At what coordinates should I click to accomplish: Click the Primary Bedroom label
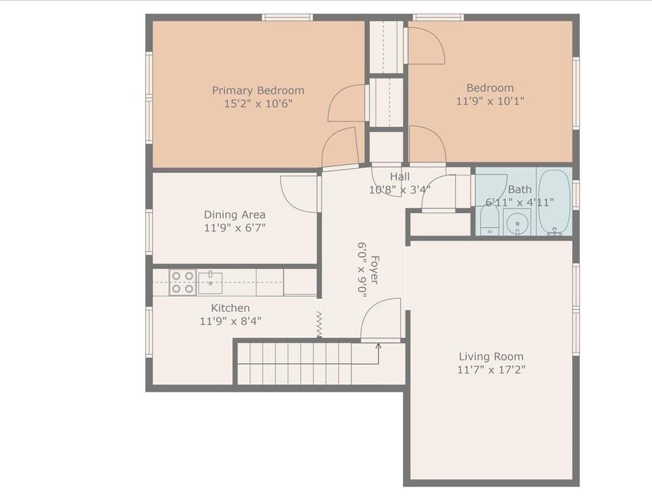pyautogui.click(x=258, y=90)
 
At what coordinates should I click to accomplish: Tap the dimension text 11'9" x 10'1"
pyautogui.click(x=490, y=101)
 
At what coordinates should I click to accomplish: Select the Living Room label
pyautogui.click(x=491, y=357)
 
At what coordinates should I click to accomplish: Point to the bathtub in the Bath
pyautogui.click(x=554, y=201)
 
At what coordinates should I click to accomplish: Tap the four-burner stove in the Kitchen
pyautogui.click(x=182, y=283)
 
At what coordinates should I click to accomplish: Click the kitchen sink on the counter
pyautogui.click(x=210, y=283)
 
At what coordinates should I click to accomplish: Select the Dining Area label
pyautogui.click(x=234, y=214)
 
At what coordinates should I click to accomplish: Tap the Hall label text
pyautogui.click(x=400, y=177)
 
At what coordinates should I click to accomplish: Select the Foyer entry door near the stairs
pyautogui.click(x=381, y=320)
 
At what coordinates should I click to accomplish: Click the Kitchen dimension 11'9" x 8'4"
pyautogui.click(x=230, y=320)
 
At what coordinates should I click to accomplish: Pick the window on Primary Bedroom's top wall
pyautogui.click(x=287, y=17)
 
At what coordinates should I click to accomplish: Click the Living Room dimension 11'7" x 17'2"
pyautogui.click(x=491, y=370)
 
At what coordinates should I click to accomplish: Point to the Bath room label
pyautogui.click(x=519, y=189)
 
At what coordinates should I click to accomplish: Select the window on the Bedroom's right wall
pyautogui.click(x=576, y=93)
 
